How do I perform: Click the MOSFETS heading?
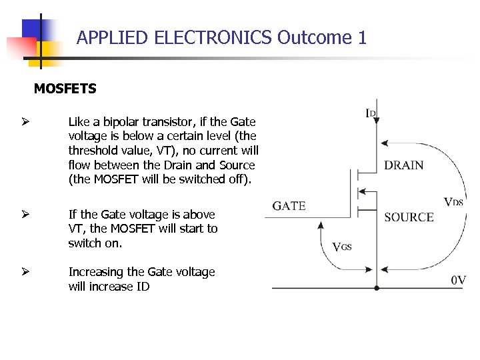tap(65, 89)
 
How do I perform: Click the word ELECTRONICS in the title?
tap(213, 37)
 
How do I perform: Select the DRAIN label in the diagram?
tap(403, 165)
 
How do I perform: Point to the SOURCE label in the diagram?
tap(409, 217)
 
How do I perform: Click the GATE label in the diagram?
tap(289, 205)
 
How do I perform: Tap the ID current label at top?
tap(371, 113)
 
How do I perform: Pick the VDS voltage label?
tap(453, 201)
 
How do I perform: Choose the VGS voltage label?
tap(341, 247)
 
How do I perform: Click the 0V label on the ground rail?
tap(458, 281)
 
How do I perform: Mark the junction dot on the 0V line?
tap(377, 288)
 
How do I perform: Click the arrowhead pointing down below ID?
tap(377, 121)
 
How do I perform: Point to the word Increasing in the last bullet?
tap(96, 272)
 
